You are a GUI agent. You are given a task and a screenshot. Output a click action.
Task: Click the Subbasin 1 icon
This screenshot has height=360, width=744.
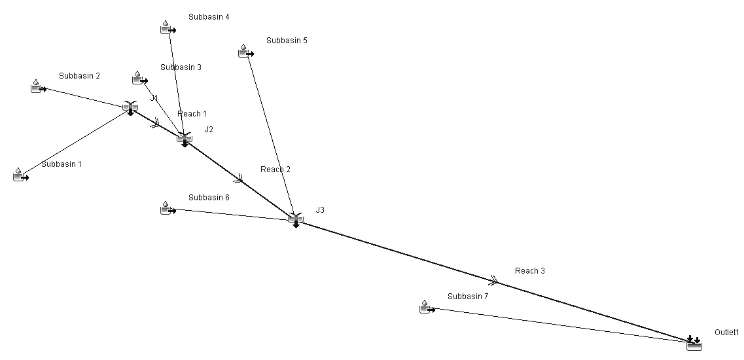tap(21, 175)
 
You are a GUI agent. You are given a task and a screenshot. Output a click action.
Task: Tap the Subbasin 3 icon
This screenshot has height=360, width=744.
tap(139, 78)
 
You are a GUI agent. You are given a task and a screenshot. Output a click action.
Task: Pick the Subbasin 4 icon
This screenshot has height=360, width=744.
tap(167, 27)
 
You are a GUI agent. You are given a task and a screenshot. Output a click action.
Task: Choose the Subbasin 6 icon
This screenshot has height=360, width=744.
tap(168, 208)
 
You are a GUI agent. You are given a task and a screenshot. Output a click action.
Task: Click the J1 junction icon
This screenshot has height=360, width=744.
tap(130, 107)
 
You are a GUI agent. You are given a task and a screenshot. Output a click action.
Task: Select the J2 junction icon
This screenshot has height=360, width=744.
tap(184, 138)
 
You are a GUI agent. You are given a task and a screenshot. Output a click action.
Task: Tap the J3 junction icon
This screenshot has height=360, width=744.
tap(295, 219)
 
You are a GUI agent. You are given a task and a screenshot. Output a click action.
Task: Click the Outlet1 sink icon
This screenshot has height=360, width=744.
tap(694, 343)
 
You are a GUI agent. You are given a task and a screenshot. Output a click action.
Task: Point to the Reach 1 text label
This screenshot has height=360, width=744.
tap(192, 114)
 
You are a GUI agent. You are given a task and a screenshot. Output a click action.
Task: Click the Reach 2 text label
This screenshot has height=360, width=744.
tap(275, 170)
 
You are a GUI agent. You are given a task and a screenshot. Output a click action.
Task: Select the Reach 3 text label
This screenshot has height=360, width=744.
tap(530, 271)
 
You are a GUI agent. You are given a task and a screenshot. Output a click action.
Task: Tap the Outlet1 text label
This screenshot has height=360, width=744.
tap(726, 333)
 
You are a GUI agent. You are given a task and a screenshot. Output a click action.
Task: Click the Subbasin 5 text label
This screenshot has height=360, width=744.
tap(287, 41)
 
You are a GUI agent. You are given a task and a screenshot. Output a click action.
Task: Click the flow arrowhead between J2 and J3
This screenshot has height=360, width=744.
tap(239, 177)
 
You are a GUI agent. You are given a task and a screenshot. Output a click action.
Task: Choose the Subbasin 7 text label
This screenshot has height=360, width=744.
tap(468, 297)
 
